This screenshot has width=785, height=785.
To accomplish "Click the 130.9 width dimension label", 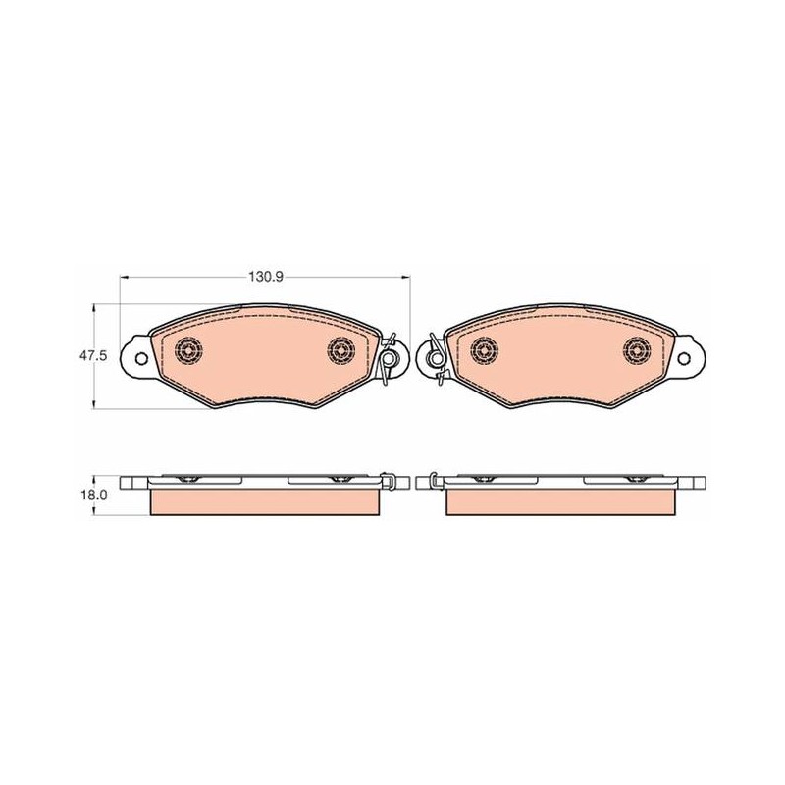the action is coord(266,277).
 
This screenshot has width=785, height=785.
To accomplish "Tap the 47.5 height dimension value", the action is coord(93,356).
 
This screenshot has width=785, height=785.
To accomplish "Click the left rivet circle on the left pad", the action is coord(188,350).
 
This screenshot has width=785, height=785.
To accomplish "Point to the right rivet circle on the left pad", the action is coord(340,350).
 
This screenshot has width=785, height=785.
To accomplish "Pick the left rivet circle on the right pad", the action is coord(485,350).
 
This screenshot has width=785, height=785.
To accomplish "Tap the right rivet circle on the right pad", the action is coord(637,350).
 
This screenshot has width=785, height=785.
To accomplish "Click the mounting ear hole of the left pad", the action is coord(142,359).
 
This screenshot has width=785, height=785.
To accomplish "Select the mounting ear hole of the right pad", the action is coord(683,359).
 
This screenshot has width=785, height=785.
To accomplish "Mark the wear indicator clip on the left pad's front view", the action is coord(388,358).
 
